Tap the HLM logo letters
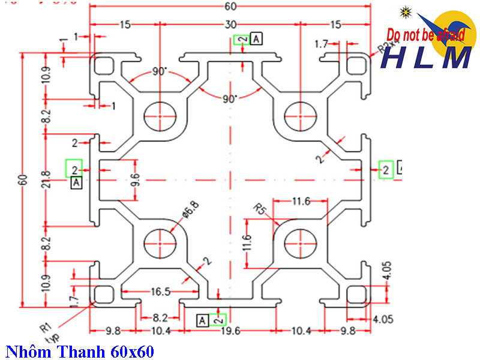(x=427, y=58)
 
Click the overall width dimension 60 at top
(x=230, y=7)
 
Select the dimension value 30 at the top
(x=230, y=25)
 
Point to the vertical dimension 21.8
(x=46, y=179)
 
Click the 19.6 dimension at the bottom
(x=230, y=331)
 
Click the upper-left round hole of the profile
(x=160, y=115)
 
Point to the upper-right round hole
(x=299, y=115)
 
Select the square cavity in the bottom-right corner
(x=356, y=294)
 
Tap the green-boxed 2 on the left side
(x=75, y=169)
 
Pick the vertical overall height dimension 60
(x=23, y=179)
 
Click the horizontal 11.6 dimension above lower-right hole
(x=299, y=202)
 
